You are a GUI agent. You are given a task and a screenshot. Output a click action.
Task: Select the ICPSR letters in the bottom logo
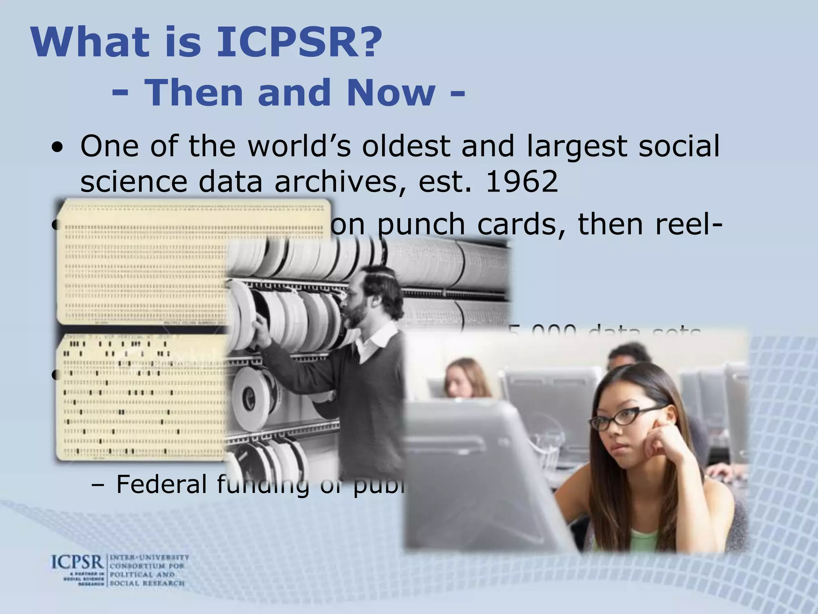77,563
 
